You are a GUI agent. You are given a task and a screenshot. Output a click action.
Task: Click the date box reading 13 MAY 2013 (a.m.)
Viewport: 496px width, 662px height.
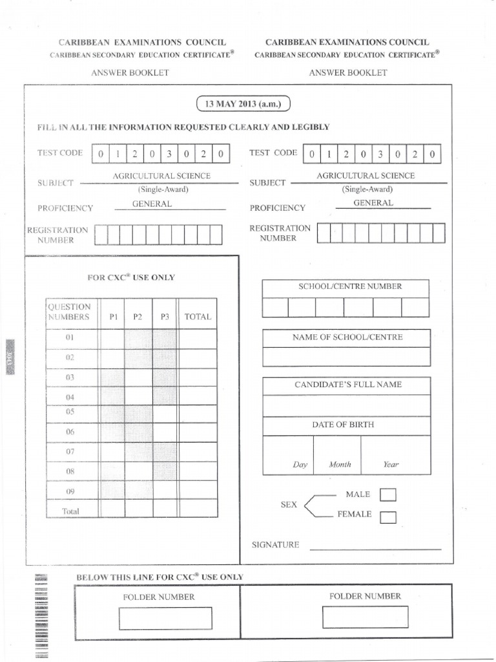click(x=244, y=104)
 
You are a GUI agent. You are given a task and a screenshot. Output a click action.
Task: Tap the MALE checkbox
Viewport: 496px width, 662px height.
click(x=388, y=495)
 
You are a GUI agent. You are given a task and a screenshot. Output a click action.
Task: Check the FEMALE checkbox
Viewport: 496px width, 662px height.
click(x=388, y=517)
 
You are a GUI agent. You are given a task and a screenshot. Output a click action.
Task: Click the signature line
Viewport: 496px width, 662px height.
click(x=375, y=549)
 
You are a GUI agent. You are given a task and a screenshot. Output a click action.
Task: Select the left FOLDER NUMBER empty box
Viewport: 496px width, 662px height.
click(x=165, y=618)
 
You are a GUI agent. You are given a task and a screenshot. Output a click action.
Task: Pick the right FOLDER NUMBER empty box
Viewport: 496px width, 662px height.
click(x=366, y=617)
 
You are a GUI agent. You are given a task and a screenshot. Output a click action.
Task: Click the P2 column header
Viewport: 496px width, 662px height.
click(x=138, y=317)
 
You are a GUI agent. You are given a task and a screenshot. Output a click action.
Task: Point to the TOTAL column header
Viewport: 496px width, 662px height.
click(x=198, y=317)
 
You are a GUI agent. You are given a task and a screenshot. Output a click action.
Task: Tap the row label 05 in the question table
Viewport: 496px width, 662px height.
click(x=70, y=411)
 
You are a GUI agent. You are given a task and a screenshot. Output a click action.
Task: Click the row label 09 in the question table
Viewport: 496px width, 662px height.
click(x=70, y=491)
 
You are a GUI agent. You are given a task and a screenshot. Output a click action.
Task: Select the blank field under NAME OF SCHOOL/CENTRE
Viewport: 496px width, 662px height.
click(x=346, y=357)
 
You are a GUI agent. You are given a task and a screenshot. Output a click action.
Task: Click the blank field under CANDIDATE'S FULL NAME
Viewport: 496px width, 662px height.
click(x=346, y=405)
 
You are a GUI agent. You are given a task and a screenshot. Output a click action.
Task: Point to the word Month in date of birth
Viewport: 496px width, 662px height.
click(x=340, y=464)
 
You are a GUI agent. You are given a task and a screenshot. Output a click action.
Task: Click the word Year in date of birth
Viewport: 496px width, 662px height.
click(x=391, y=464)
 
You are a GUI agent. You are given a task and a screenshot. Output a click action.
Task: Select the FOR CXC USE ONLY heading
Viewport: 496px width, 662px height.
click(x=131, y=277)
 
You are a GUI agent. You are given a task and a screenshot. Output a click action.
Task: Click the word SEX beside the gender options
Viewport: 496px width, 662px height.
click(x=288, y=505)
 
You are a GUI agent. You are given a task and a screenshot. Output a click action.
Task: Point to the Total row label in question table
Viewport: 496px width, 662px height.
click(x=70, y=511)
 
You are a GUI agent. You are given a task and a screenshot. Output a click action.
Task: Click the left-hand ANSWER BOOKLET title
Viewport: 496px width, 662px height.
click(x=130, y=72)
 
